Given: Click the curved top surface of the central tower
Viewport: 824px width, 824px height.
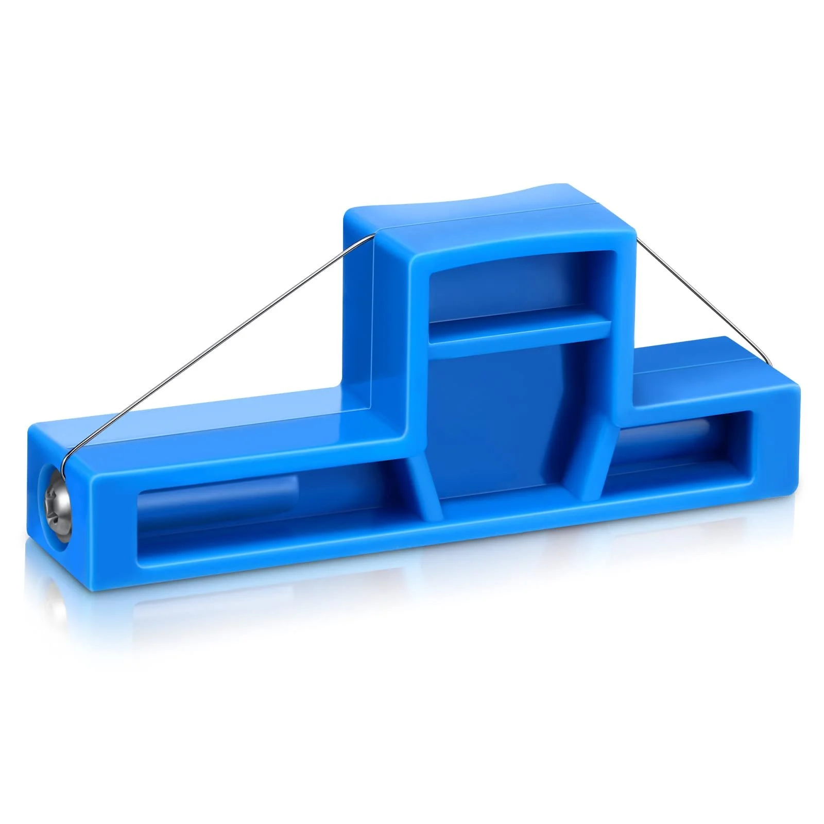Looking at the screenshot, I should point(494,216).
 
